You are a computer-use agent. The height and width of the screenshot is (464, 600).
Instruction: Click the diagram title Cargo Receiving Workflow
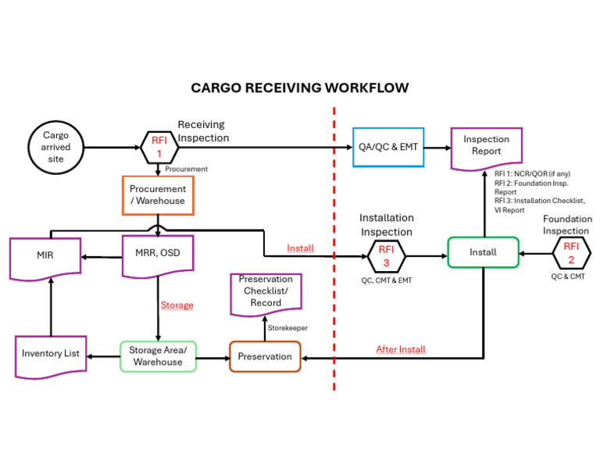pos(300,87)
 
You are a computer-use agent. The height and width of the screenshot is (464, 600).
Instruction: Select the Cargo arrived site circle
pos(55,147)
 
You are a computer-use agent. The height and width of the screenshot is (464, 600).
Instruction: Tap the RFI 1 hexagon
pos(159,147)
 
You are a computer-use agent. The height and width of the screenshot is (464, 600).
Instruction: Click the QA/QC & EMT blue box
pos(389,147)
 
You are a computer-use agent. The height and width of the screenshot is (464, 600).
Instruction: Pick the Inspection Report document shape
pos(486,146)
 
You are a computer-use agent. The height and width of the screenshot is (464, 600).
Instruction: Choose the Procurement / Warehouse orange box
pos(158,195)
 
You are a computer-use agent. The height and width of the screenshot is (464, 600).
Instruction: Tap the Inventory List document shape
pos(51,355)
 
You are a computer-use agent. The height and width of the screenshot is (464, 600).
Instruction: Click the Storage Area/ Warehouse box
pos(158,356)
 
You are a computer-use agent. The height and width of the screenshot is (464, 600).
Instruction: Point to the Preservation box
pos(265,356)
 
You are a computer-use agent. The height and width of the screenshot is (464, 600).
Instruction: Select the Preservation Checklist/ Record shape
pos(266,291)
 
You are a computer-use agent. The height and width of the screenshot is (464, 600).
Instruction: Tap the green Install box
pos(483,252)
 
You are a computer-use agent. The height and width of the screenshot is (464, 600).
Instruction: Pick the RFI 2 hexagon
pos(571,254)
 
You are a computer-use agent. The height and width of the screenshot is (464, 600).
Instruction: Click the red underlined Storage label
pos(177,305)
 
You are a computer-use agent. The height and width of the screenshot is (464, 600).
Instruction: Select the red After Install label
pos(400,349)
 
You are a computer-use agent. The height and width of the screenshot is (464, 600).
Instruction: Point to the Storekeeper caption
pos(287,328)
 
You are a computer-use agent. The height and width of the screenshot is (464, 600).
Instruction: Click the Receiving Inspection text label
pos(202,131)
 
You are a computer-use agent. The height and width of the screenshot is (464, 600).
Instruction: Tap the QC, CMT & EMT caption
pos(385,280)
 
